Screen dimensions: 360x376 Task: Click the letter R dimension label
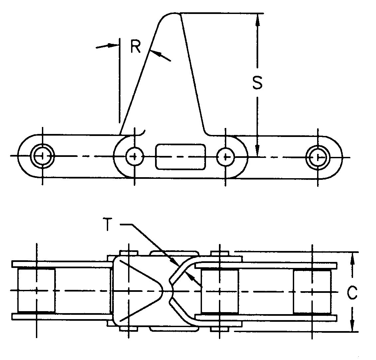(x=136, y=47)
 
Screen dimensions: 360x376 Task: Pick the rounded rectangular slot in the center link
(x=180, y=156)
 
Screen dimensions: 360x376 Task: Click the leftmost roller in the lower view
(x=36, y=290)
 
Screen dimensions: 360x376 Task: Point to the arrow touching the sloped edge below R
(x=156, y=54)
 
